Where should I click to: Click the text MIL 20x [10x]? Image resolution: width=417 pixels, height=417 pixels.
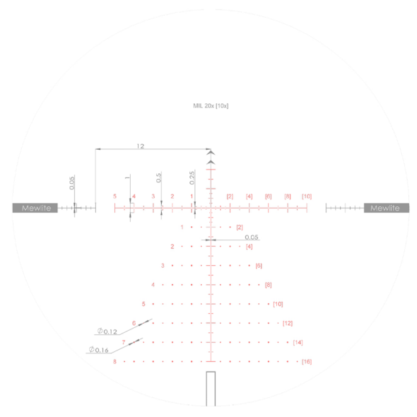211,106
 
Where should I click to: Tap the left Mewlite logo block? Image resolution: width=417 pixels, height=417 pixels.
35,208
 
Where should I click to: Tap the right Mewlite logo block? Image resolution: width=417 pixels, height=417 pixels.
387,208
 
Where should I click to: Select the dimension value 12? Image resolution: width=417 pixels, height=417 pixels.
141,146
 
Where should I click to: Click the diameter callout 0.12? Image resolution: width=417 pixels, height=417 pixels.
107,331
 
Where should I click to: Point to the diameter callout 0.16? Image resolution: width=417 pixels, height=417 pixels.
99,350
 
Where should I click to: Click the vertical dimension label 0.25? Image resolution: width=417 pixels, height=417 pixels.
192,177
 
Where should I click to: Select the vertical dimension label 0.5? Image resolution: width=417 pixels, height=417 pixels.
158,177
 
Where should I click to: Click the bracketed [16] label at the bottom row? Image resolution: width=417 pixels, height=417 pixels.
307,362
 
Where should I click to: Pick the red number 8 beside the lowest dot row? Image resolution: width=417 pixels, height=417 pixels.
114,361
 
